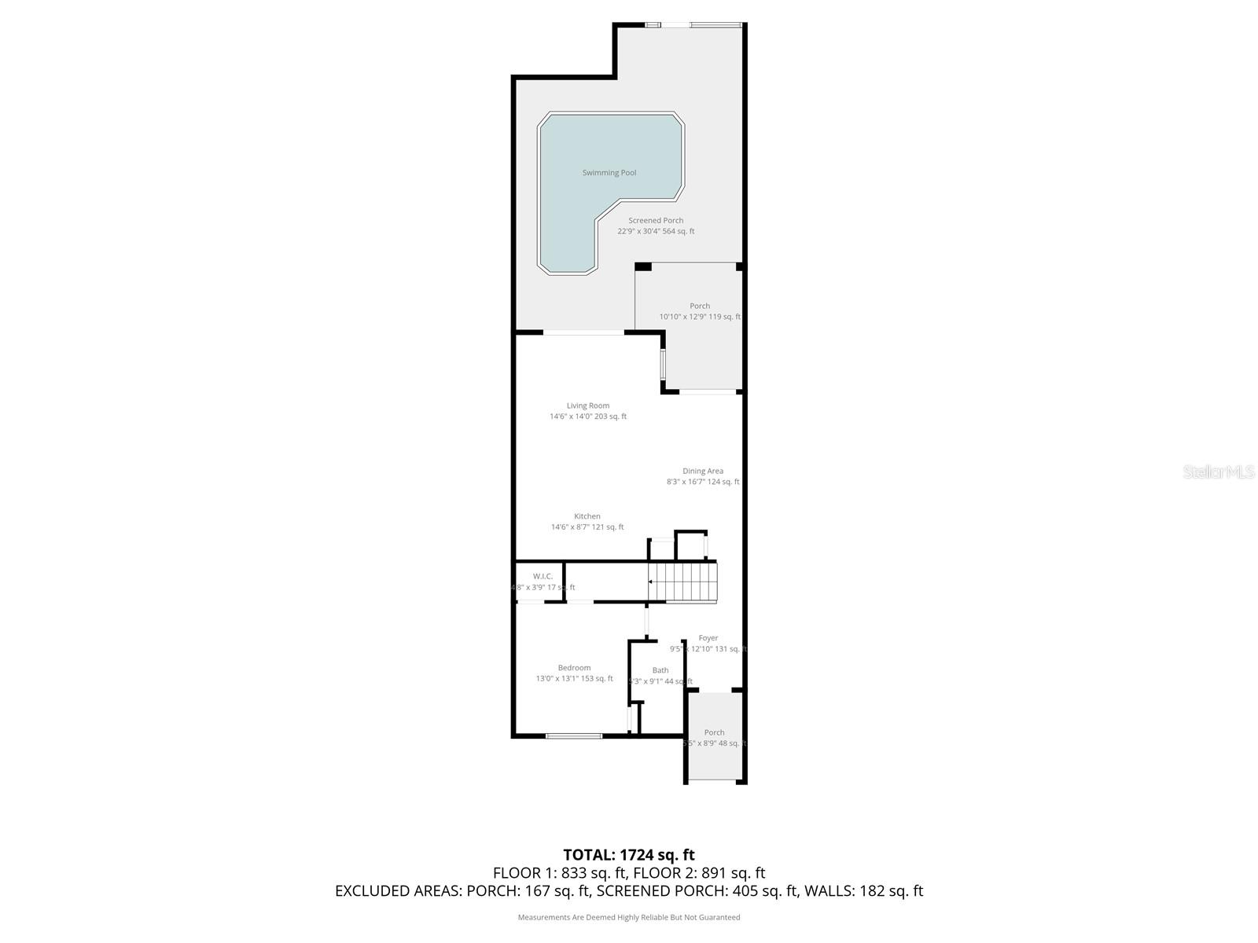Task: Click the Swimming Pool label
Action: click(609, 173)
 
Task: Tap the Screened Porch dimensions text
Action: click(656, 232)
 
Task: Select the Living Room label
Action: click(588, 406)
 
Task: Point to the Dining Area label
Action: click(703, 472)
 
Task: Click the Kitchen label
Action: click(587, 517)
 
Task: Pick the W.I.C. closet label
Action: click(543, 577)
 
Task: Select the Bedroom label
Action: click(575, 668)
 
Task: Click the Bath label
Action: click(660, 671)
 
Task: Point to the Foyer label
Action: click(708, 639)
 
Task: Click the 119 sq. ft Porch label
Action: click(700, 306)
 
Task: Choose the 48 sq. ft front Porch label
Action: click(714, 732)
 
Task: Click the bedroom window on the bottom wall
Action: click(574, 736)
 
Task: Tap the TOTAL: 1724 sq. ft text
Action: click(629, 855)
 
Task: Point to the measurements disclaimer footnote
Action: click(629, 917)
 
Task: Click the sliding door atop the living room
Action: click(583, 333)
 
